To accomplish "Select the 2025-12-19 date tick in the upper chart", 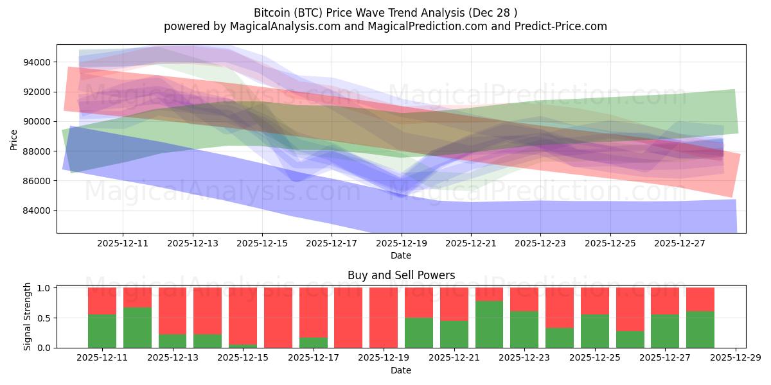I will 402,244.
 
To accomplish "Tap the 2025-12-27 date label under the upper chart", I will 680,244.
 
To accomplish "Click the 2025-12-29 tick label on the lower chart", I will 735,358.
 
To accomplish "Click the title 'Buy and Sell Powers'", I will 401,275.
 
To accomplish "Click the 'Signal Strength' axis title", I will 27,316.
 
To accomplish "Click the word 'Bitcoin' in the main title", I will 273,13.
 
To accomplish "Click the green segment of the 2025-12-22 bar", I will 489,324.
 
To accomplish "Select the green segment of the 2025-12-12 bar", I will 137,327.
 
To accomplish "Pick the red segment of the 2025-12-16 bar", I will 278,317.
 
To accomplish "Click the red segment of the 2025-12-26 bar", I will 630,309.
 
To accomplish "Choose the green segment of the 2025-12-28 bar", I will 700,329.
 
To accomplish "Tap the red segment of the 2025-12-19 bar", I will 384,317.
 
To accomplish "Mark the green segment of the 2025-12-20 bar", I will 419,332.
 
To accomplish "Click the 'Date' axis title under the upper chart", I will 401,255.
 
